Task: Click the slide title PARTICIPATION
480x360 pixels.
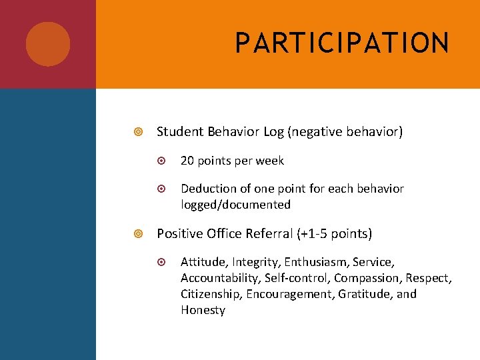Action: click(342, 43)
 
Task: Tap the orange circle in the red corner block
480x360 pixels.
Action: click(48, 44)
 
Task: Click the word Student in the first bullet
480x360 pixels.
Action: click(180, 132)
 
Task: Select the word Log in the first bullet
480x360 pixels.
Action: click(273, 132)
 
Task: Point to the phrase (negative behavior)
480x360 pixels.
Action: click(345, 132)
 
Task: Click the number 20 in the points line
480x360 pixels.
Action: click(187, 161)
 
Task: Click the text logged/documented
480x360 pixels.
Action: click(235, 205)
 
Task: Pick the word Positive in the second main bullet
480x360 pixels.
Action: click(179, 234)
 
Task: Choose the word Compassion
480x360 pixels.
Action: click(366, 278)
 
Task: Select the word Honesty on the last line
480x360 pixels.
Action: click(203, 310)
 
